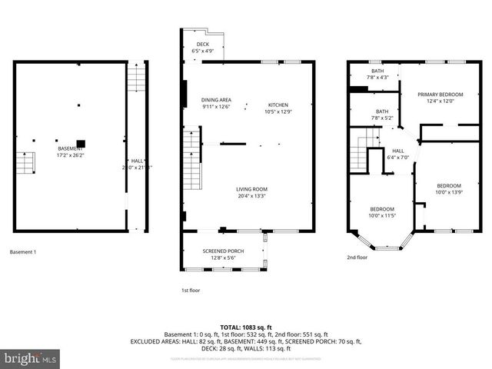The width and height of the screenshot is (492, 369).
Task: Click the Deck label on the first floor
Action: (202, 48)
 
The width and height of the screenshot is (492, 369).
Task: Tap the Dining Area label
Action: (216, 104)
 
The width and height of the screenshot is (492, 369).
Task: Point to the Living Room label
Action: (251, 192)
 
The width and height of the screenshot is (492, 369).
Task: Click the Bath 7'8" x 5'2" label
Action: (382, 115)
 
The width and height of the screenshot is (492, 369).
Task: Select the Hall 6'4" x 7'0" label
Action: (397, 154)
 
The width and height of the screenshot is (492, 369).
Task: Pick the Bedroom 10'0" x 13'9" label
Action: (448, 188)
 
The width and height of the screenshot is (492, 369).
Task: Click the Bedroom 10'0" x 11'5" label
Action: (382, 213)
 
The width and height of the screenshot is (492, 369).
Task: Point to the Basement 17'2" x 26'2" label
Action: (70, 151)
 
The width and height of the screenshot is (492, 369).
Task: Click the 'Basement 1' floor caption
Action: (23, 252)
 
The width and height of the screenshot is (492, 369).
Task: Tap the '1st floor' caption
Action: (190, 291)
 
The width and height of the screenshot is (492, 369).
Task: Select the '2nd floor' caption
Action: (357, 258)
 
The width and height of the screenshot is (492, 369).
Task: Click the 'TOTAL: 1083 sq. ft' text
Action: (246, 327)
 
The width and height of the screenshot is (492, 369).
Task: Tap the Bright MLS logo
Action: (31, 358)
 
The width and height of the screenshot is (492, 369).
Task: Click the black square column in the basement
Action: (80, 143)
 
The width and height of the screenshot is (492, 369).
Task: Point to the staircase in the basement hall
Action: (136, 77)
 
